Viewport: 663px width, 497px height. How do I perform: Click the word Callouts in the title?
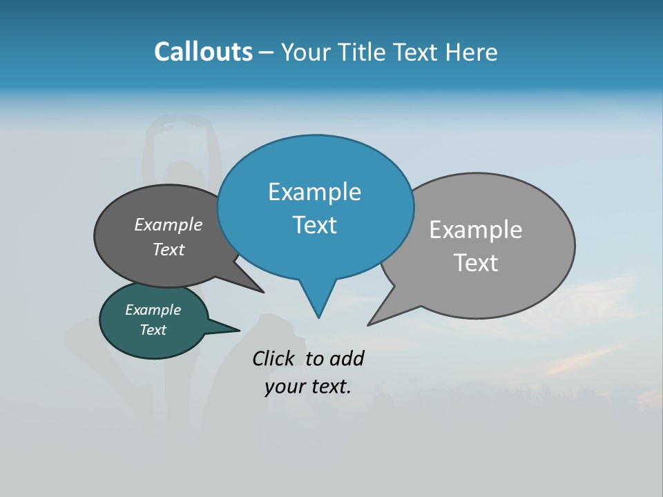click(203, 52)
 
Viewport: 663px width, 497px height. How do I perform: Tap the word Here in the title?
click(472, 52)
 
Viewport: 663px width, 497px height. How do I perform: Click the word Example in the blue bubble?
click(314, 192)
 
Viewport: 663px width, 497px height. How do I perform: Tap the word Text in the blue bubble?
click(314, 225)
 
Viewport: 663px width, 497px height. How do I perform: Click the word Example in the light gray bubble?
click(476, 230)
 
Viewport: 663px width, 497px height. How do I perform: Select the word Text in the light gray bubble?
click(476, 263)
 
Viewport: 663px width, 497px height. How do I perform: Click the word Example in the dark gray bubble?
click(169, 225)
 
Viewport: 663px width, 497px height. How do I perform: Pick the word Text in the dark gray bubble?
click(169, 249)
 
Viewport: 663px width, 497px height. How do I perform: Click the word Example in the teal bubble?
click(153, 310)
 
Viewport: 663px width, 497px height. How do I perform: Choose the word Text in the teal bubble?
click(153, 330)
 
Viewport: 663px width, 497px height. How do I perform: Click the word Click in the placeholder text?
click(273, 358)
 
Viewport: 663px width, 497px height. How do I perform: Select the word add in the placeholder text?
click(347, 358)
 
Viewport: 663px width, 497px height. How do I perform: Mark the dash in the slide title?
click(267, 52)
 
